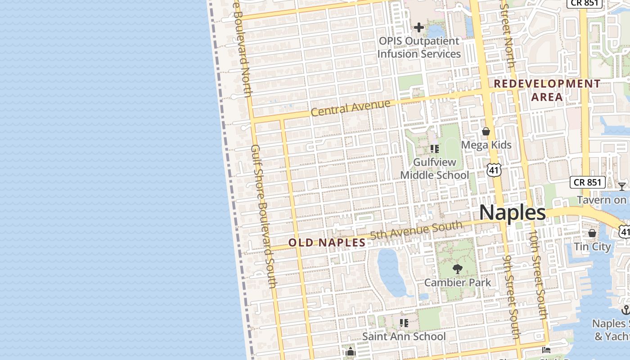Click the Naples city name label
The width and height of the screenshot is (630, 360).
[512, 212]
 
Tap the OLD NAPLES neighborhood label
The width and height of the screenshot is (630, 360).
[327, 243]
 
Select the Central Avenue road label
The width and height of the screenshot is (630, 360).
[351, 108]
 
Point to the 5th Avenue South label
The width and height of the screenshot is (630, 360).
[416, 230]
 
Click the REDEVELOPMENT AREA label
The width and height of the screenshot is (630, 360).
[547, 90]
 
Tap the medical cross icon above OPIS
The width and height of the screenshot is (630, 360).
[419, 28]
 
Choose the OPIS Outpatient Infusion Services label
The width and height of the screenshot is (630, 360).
[419, 47]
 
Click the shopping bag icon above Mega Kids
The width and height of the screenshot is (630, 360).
[486, 131]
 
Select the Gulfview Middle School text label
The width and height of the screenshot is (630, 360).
[435, 168]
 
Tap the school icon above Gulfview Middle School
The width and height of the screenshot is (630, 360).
[435, 148]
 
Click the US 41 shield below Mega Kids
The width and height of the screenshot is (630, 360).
[494, 170]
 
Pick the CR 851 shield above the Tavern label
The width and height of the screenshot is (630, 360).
[587, 182]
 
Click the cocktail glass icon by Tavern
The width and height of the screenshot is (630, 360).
[622, 186]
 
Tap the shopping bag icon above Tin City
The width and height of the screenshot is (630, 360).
[592, 233]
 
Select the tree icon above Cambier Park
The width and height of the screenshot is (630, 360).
[457, 269]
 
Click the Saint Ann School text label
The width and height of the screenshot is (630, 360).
[404, 336]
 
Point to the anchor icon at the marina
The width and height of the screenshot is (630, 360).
[625, 310]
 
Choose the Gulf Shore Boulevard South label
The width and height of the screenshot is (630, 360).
[263, 216]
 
